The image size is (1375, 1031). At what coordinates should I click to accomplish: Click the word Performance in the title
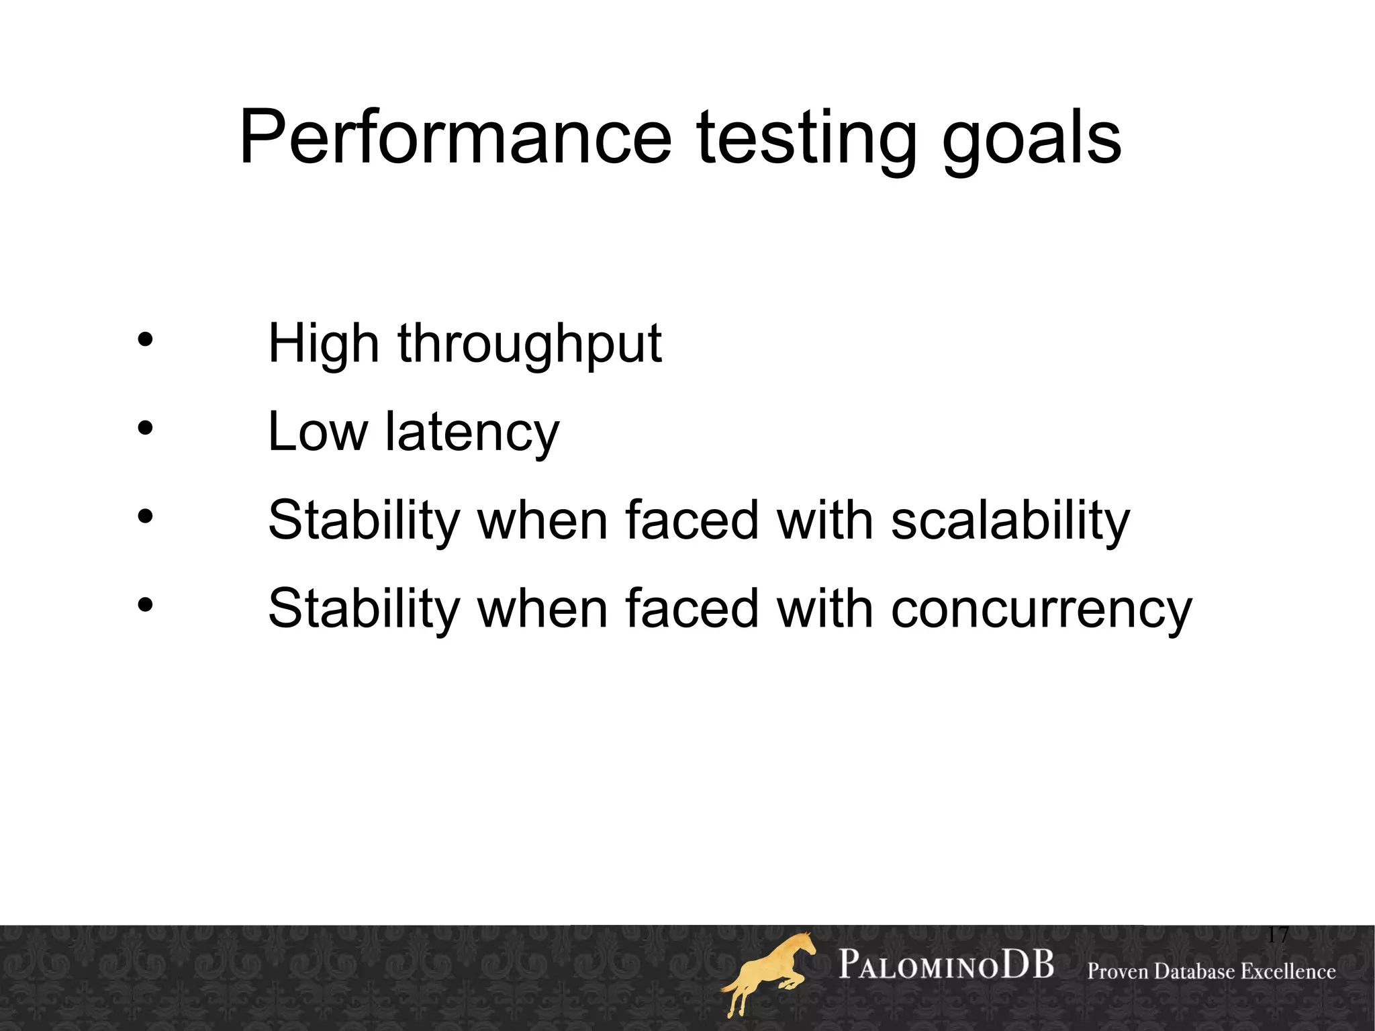(455, 137)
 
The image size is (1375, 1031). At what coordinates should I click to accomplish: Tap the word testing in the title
(806, 138)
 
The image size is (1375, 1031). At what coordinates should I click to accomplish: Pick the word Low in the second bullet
(318, 432)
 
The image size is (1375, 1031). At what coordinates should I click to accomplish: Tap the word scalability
(1010, 521)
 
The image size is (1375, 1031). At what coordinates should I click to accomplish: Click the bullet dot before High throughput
(145, 340)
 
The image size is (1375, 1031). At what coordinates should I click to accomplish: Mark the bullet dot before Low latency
(145, 428)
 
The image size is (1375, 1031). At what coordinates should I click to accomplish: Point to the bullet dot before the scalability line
(145, 517)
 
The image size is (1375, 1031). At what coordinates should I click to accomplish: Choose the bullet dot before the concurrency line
(145, 605)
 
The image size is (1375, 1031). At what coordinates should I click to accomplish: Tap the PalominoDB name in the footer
(946, 966)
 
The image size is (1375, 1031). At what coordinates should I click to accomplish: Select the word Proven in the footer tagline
(1118, 972)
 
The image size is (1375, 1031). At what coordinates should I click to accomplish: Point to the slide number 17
(1278, 934)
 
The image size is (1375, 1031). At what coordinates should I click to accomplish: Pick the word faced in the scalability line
(692, 521)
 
